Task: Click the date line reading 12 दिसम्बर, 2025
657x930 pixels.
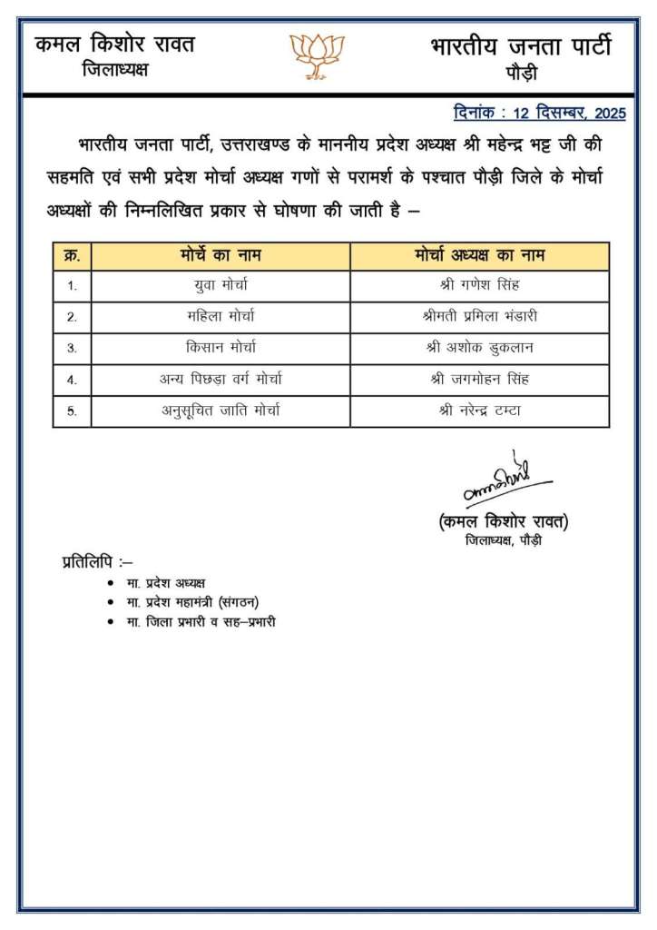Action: pos(539,114)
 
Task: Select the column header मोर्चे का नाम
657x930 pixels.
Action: pos(221,255)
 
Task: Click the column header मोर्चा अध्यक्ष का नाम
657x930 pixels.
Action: pos(479,255)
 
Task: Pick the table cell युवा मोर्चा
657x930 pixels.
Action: pos(221,286)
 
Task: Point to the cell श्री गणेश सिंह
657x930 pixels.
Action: pos(479,286)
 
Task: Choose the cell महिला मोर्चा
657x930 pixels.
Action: pos(221,317)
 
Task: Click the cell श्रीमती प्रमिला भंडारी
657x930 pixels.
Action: pos(479,317)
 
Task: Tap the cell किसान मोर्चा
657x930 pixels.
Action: pos(221,348)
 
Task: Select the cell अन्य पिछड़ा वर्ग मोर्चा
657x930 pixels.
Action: pos(221,379)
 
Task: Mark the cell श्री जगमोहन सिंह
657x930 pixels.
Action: pos(479,379)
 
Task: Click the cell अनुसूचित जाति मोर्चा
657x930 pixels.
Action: pos(221,410)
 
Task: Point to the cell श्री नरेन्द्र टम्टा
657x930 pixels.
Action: pos(479,410)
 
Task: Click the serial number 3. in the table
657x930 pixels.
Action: pos(72,348)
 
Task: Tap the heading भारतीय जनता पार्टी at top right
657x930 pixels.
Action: pos(520,46)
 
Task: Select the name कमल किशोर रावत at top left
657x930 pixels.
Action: pos(114,45)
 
